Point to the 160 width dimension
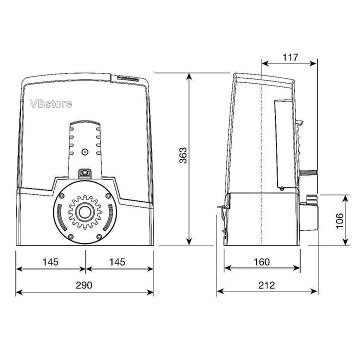(x=261, y=262)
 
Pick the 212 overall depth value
(x=266, y=285)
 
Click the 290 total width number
(x=84, y=285)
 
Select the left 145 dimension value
(x=50, y=262)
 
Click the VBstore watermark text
(x=51, y=104)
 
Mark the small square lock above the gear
(x=84, y=173)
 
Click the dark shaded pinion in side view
(x=307, y=172)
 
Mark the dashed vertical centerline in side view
(x=261, y=150)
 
